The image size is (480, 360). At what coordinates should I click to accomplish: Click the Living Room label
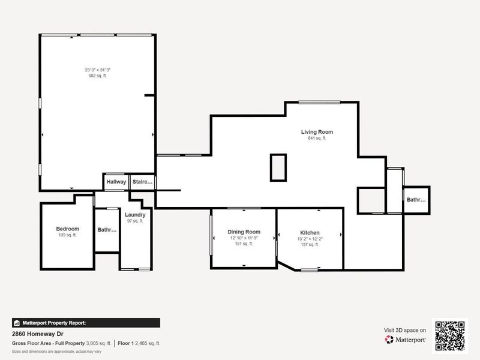tap(317, 132)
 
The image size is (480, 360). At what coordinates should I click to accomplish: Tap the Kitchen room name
tap(310, 233)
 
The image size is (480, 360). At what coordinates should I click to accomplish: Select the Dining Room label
tap(244, 232)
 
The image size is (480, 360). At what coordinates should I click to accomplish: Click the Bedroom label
tap(68, 229)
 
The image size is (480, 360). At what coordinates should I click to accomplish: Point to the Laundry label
tap(135, 215)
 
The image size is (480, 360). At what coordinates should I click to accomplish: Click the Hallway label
tap(116, 182)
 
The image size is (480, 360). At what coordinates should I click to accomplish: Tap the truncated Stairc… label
tap(143, 182)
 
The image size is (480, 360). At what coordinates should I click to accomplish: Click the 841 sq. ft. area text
tap(317, 139)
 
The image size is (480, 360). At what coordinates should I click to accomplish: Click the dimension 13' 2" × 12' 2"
tap(310, 239)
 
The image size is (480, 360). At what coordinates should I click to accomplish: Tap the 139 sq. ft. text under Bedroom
tap(68, 235)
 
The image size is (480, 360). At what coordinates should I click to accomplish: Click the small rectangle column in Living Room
tap(278, 167)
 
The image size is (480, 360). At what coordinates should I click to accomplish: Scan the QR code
tap(449, 335)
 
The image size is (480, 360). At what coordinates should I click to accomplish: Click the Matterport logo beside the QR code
tap(406, 340)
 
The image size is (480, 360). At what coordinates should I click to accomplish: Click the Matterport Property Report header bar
tap(85, 323)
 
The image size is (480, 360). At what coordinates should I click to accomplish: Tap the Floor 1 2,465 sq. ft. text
tap(139, 343)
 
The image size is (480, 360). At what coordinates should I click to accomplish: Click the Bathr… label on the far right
tap(416, 200)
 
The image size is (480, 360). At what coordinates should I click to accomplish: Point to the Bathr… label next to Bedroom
tap(107, 230)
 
